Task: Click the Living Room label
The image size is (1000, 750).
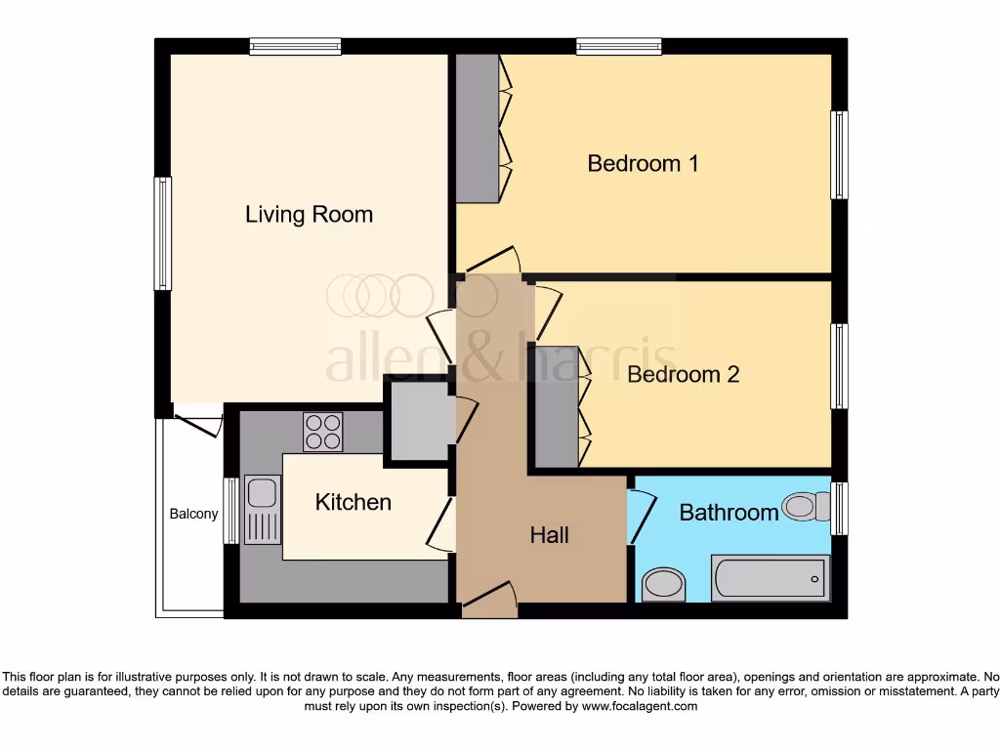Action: coord(309,214)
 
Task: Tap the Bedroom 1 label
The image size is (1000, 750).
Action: coord(643,163)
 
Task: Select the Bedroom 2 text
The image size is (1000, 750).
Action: coord(683,374)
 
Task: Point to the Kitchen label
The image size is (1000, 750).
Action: coord(353,502)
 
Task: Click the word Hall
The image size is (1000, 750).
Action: coord(549,534)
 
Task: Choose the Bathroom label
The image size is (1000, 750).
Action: coord(729,512)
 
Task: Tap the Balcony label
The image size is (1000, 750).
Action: coord(193,514)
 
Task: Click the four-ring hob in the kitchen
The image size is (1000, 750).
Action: coord(323,432)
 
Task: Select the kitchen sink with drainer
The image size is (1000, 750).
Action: coord(262,509)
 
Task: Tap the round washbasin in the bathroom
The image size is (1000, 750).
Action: coord(664,585)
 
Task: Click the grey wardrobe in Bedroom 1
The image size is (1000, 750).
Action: coord(478,128)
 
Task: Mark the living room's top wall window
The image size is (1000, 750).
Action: coord(295,45)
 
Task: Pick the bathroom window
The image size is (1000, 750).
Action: coord(839,508)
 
